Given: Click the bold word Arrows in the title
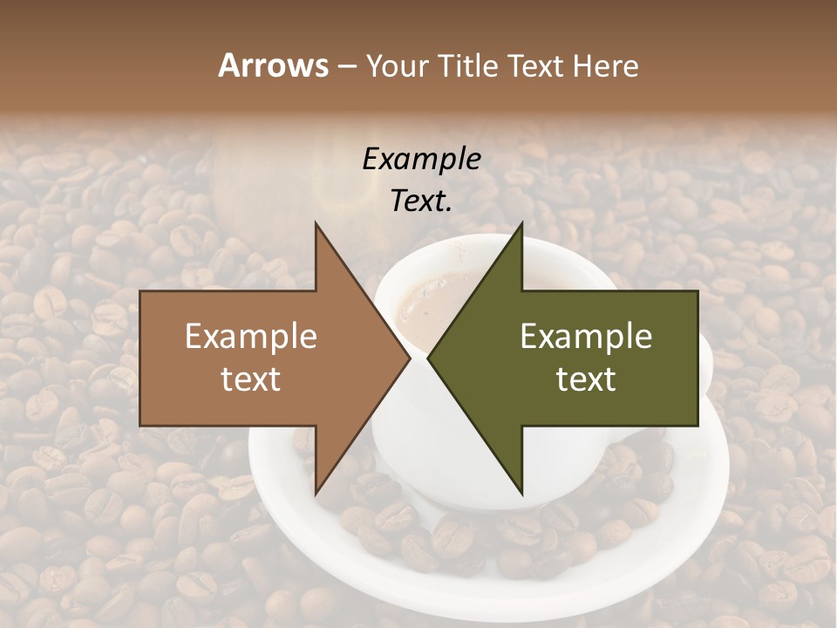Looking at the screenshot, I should click(273, 65).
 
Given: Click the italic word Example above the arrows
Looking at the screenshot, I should click(422, 160).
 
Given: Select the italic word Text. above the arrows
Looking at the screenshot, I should click(422, 201).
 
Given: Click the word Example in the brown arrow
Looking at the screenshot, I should click(251, 337).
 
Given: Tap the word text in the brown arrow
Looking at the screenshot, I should click(251, 379).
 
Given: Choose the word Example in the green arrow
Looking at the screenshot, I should click(586, 337).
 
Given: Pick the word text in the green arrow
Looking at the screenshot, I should click(586, 379).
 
